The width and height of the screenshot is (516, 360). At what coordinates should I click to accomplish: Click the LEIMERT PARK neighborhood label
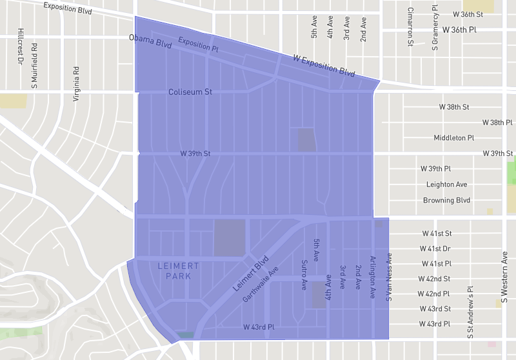(179, 271)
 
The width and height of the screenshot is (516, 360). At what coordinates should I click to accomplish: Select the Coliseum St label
(190, 92)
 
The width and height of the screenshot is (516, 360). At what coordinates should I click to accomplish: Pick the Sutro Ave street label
(303, 275)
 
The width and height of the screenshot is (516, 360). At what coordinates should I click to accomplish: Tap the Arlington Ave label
(372, 277)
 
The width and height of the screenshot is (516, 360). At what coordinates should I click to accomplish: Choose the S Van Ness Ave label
(389, 277)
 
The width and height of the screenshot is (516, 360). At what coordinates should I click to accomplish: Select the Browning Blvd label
(446, 200)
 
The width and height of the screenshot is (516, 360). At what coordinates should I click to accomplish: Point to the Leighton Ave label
(446, 184)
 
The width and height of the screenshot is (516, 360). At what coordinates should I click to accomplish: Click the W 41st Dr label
(436, 248)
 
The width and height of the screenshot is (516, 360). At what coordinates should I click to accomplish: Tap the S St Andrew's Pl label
(470, 312)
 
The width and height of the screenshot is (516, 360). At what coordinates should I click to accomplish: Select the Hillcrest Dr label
(21, 46)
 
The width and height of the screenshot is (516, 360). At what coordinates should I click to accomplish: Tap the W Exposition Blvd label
(324, 66)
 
